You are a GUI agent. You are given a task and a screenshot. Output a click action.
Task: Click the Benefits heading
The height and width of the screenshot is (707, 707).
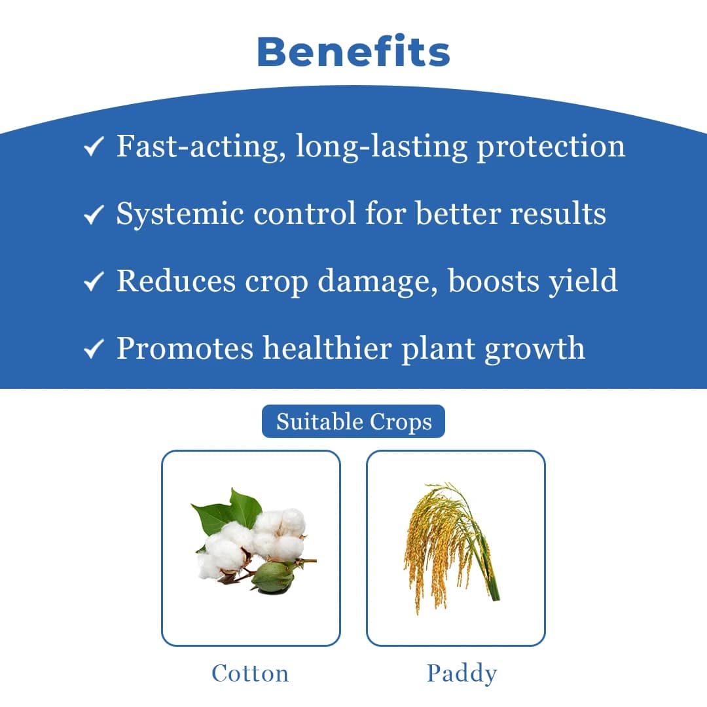point(353,52)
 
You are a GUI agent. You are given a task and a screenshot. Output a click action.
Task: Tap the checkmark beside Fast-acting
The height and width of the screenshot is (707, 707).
point(94,148)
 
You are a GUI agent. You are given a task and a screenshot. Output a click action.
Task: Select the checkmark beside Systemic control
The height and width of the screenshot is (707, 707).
point(94,215)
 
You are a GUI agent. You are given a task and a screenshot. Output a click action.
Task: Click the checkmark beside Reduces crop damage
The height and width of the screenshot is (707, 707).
point(94,281)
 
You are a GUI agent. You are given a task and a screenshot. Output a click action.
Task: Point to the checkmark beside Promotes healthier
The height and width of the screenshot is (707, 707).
point(94,350)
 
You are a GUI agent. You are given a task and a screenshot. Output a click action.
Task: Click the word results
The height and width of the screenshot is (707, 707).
point(557,213)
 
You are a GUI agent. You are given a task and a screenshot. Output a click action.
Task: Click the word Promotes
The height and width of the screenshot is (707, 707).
point(185,348)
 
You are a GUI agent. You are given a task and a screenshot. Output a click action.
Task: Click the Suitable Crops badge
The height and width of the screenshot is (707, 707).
point(353,422)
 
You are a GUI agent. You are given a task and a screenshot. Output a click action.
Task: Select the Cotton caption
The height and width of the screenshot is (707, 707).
point(250,673)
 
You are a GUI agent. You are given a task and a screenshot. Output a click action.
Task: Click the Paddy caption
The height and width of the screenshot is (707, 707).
point(462,673)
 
